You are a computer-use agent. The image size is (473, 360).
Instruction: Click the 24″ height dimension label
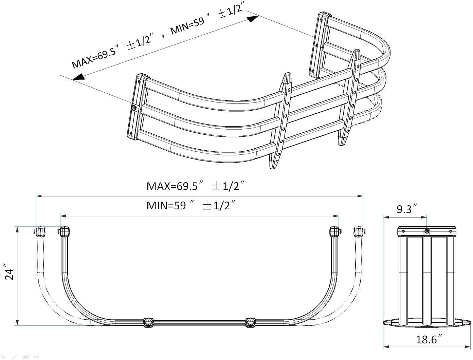tap(9, 272)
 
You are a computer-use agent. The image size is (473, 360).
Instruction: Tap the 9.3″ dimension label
tap(407, 209)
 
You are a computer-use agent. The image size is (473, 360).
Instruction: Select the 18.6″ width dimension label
tap(429, 340)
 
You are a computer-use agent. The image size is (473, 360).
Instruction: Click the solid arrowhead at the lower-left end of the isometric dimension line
tap(78, 77)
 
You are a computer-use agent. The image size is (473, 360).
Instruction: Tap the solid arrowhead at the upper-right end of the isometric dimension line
tap(253, 19)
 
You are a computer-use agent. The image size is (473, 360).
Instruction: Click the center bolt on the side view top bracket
tap(427, 231)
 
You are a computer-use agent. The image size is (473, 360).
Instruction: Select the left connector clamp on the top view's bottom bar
tap(148, 322)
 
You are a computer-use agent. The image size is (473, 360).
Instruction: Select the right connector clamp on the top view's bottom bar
tap(251, 322)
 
